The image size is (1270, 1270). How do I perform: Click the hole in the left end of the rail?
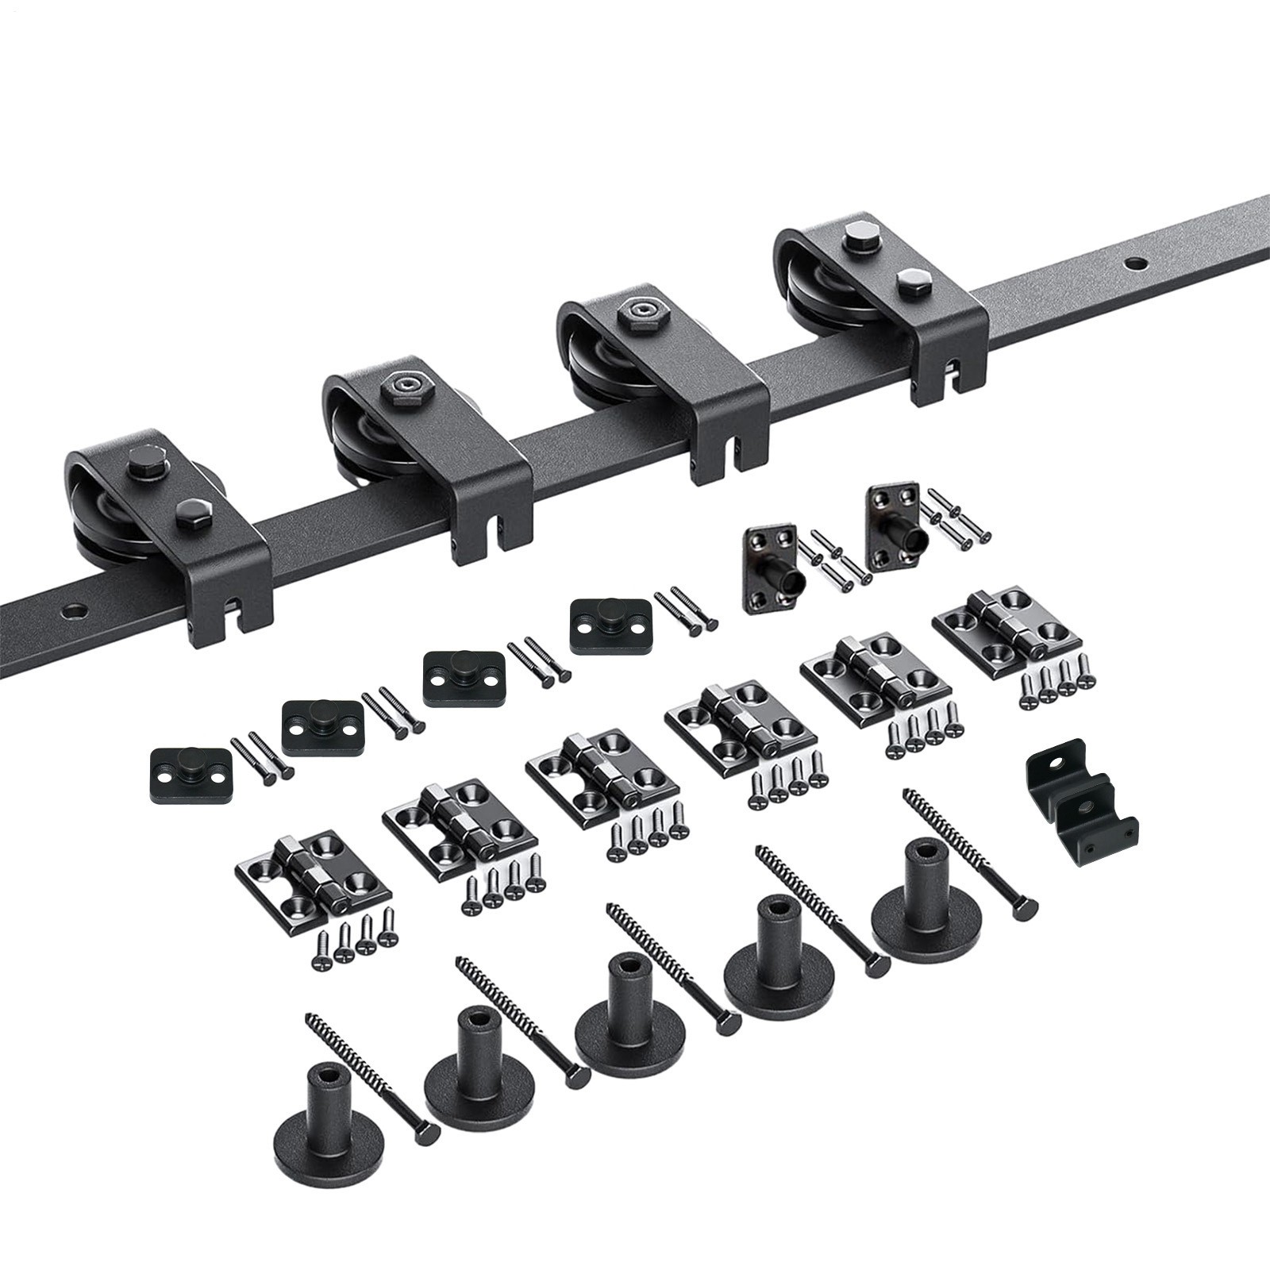[x=75, y=611]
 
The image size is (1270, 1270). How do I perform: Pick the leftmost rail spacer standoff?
[x=329, y=1103]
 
